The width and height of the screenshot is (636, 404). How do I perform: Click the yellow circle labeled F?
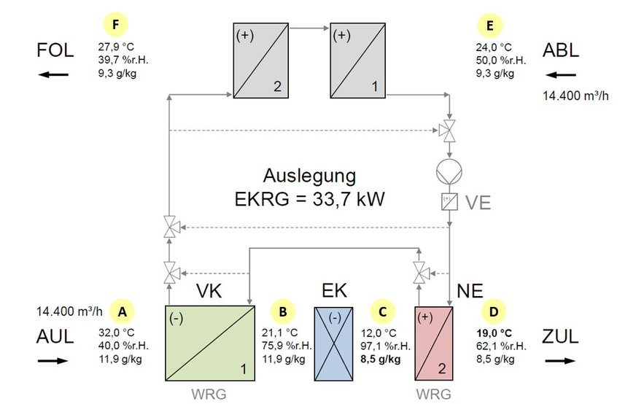(115, 25)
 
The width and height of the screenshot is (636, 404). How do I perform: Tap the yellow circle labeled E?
(490, 26)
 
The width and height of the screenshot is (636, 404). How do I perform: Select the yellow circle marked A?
(122, 311)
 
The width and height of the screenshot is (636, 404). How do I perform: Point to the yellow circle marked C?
(382, 311)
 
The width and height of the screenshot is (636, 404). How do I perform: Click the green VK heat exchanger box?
(210, 343)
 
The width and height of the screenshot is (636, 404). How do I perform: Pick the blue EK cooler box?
(334, 344)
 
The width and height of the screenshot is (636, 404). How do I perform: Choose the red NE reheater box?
(434, 343)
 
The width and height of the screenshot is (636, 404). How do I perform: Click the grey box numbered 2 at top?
(261, 61)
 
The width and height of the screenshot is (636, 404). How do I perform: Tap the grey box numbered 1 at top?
(358, 61)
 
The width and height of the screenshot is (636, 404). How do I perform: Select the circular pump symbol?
(449, 171)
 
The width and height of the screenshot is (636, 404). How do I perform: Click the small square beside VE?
(449, 201)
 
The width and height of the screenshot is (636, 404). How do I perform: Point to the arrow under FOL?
(53, 74)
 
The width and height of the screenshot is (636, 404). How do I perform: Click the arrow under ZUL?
(560, 361)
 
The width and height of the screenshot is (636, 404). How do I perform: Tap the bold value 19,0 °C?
(494, 333)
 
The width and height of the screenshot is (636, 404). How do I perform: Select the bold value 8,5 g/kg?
(381, 359)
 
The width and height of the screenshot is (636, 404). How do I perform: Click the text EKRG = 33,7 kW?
(309, 199)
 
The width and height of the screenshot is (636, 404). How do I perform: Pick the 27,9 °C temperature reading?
(116, 47)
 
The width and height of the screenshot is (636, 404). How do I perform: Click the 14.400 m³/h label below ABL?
(575, 96)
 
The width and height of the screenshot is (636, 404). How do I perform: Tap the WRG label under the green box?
(209, 394)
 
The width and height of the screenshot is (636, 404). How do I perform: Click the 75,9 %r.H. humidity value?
(287, 346)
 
